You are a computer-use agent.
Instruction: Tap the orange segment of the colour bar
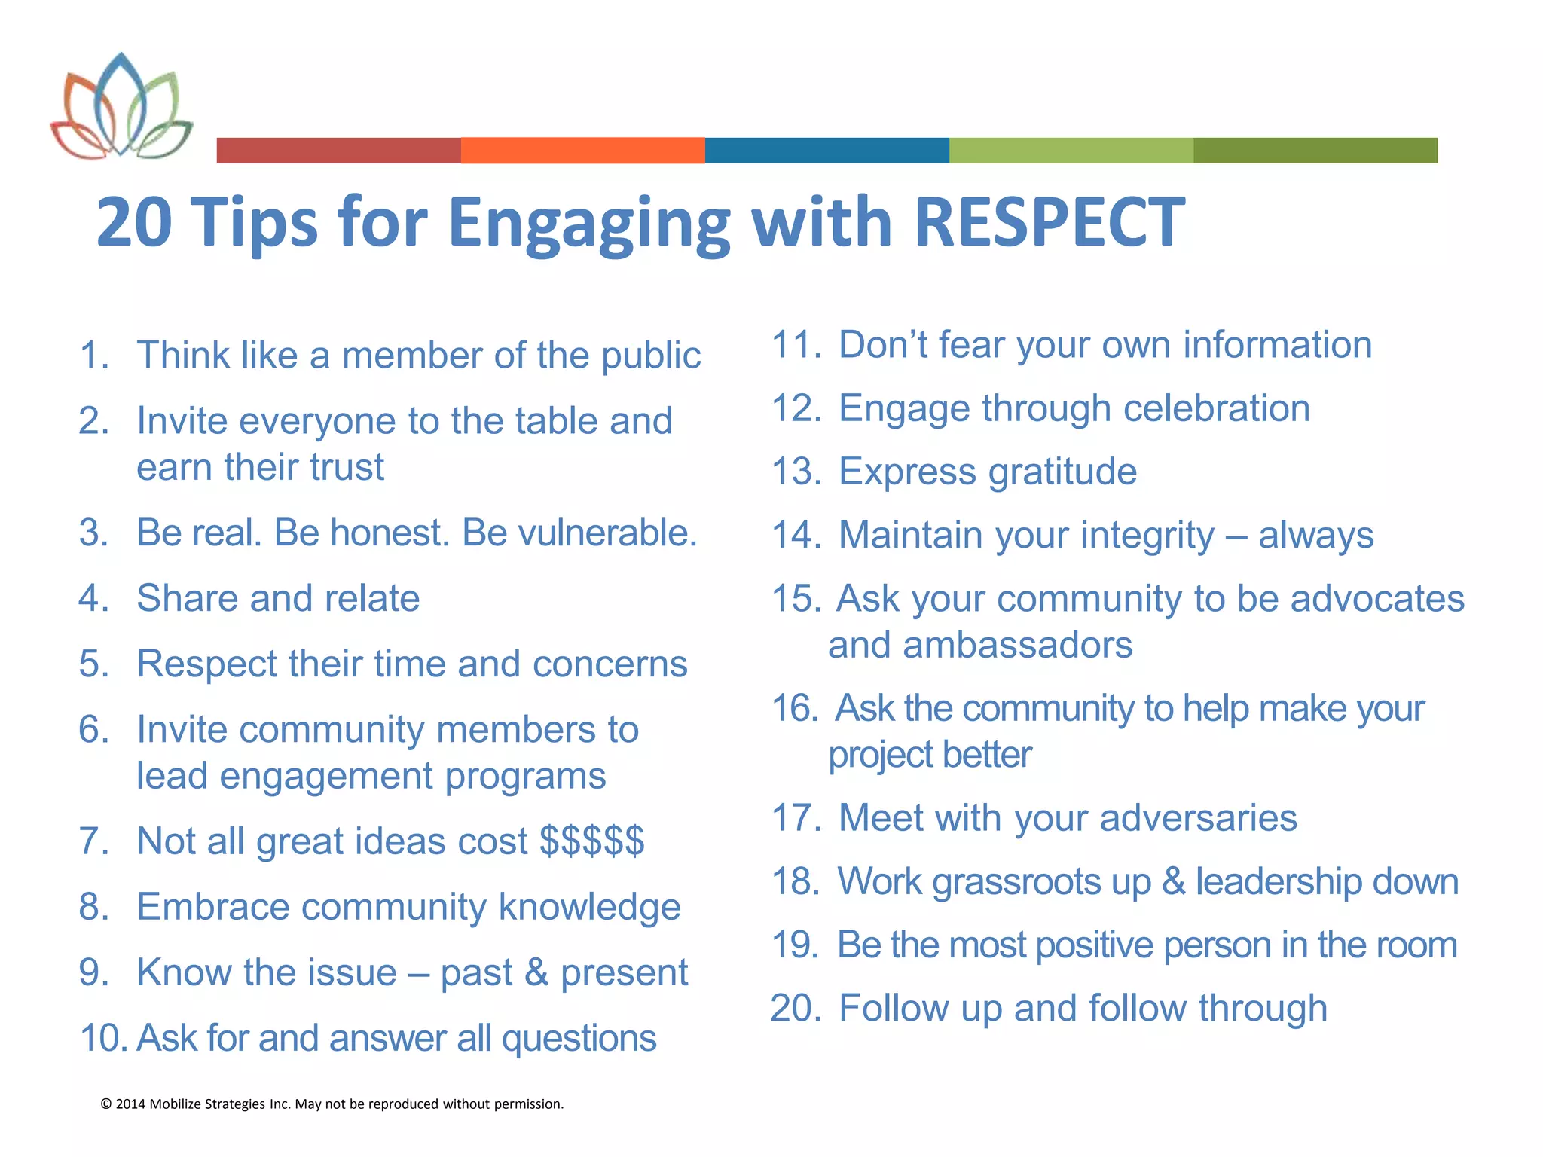[582, 150]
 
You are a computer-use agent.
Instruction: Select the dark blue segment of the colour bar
[826, 150]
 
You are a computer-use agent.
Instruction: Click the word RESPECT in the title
[1049, 222]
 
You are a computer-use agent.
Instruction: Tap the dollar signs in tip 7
[592, 841]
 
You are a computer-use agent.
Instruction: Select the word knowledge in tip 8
[589, 907]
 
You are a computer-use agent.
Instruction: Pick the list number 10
[104, 1038]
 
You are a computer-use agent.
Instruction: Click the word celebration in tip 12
[1216, 408]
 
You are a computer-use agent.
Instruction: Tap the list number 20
[794, 1009]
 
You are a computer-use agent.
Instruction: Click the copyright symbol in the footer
[105, 1104]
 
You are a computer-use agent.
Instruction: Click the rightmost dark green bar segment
[1315, 150]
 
